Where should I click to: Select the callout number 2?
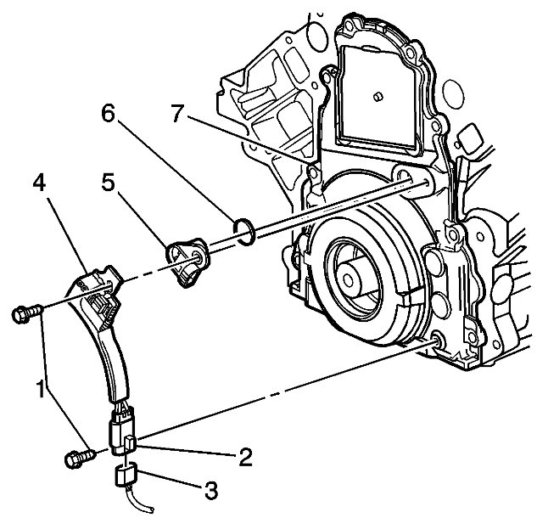(x=245, y=458)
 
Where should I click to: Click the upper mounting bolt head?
(x=20, y=315)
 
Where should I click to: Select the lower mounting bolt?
(x=75, y=459)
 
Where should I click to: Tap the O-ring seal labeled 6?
(x=243, y=230)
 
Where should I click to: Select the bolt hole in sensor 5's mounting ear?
(x=198, y=254)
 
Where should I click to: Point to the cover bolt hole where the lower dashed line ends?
(x=437, y=341)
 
